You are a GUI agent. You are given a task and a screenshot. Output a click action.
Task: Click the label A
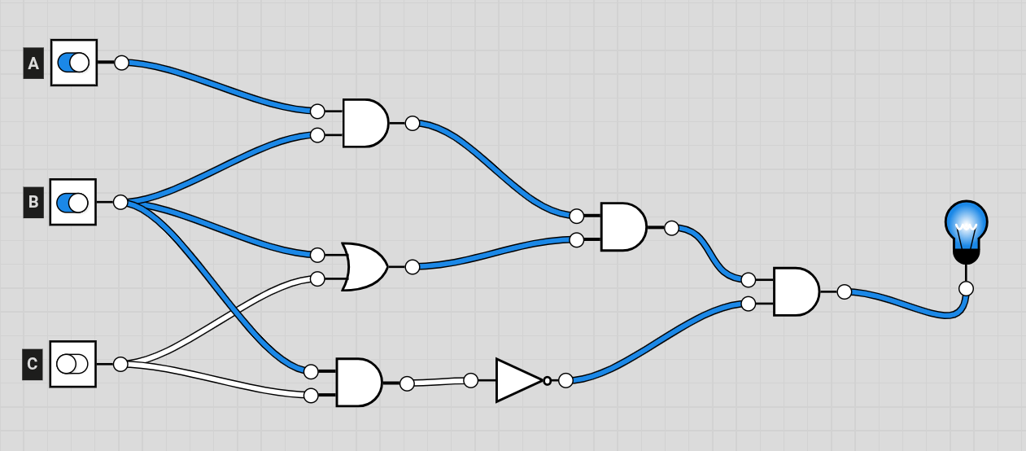(33, 63)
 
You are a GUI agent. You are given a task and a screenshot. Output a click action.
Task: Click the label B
(33, 202)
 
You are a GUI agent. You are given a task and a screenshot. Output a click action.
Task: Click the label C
(33, 364)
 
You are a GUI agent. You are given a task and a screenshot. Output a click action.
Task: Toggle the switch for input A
(74, 63)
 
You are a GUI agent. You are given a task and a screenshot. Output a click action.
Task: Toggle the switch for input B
(73, 202)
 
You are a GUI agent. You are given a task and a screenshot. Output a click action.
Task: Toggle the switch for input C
(73, 364)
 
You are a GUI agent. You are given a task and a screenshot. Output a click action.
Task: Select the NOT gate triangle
(517, 380)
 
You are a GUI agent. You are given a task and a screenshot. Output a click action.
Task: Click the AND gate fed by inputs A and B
(364, 124)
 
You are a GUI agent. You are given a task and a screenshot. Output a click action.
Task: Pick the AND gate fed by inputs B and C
(357, 383)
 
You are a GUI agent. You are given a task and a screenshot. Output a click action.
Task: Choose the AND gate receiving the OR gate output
(622, 227)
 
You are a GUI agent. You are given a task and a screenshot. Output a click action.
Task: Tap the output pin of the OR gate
(413, 266)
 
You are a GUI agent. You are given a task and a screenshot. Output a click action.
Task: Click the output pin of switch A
(121, 63)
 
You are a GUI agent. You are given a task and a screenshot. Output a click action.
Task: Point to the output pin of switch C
(120, 364)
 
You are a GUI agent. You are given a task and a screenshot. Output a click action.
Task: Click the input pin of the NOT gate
(471, 379)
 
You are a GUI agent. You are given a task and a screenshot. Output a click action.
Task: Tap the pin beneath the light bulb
(966, 288)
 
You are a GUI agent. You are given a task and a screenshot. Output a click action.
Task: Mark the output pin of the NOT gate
(565, 380)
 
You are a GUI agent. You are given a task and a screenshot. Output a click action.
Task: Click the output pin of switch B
(120, 202)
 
